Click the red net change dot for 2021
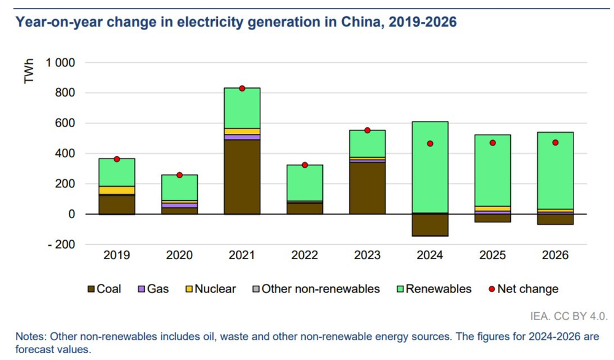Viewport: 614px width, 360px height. coord(242,88)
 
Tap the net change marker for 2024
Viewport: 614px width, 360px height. coord(430,144)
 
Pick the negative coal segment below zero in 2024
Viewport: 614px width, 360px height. coord(430,225)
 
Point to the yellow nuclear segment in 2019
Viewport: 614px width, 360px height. coord(117,190)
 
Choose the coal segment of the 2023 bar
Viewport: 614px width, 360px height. coord(367,188)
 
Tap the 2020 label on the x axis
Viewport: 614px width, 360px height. coord(179,255)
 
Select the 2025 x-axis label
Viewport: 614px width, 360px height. coord(492,255)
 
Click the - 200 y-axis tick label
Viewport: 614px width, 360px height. coord(59,245)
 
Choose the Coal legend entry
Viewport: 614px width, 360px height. coord(104,289)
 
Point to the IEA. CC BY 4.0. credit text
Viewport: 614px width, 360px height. coord(569,316)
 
